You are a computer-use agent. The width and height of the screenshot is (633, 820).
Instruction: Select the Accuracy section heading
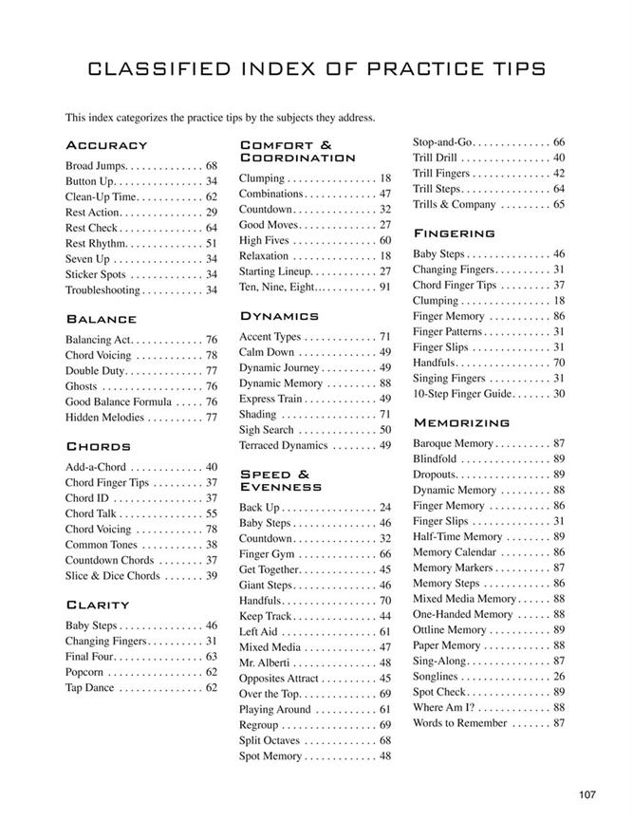point(106,145)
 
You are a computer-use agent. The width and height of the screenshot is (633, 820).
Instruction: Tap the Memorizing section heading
point(461,422)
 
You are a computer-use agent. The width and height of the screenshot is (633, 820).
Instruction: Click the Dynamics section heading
point(279,315)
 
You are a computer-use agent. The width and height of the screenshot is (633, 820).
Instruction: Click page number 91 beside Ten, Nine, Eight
point(384,287)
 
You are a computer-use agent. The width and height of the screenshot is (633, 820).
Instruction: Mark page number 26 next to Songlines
point(558,677)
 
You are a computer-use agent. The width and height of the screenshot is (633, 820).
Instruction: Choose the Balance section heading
point(102,319)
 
